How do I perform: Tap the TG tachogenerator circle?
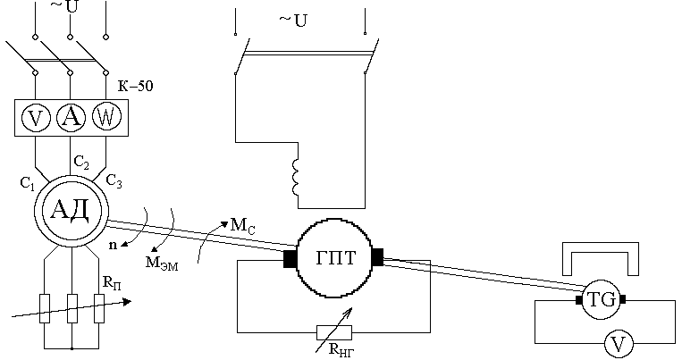click(601, 300)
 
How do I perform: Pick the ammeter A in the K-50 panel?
click(70, 116)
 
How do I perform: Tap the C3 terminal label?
click(114, 181)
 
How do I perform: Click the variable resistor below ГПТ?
click(333, 331)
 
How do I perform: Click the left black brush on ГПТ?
click(290, 259)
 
